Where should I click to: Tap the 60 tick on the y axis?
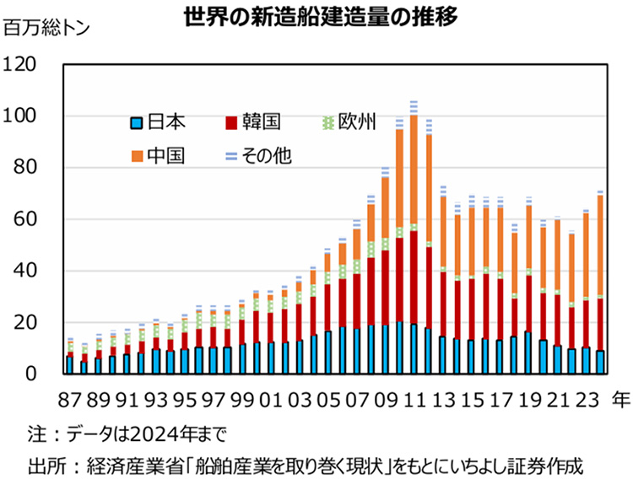tap(25, 219)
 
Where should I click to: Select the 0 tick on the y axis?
tap(30, 374)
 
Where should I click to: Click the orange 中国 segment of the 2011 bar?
tap(414, 169)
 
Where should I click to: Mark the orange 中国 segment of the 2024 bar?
tap(600, 245)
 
